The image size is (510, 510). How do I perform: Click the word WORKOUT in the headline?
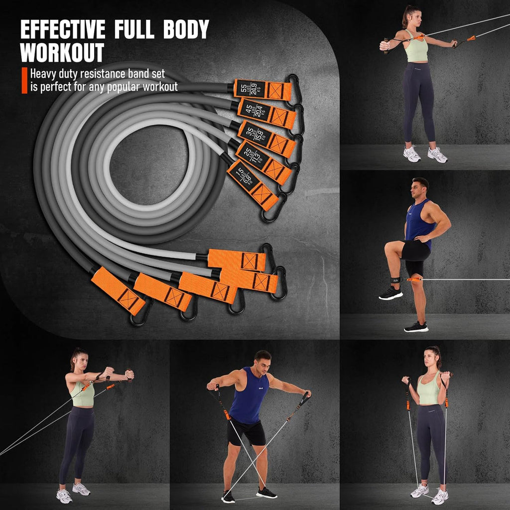[62, 53]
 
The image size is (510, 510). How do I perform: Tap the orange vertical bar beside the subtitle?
[24, 80]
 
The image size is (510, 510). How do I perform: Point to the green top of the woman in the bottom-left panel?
[82, 394]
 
